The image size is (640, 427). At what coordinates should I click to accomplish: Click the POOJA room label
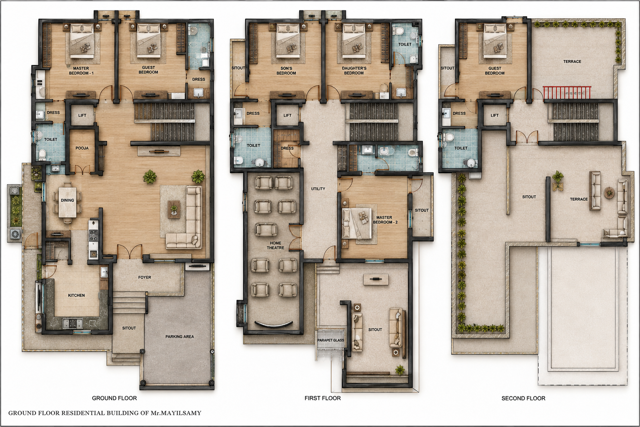82,148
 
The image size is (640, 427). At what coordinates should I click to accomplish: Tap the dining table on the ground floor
67,202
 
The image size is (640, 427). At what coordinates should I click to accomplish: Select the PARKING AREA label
180,337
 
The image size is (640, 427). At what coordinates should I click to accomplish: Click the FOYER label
145,277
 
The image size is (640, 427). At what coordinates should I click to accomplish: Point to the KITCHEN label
76,296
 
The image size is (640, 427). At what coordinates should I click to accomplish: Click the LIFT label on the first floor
287,115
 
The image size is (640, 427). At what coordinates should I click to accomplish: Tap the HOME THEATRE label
275,245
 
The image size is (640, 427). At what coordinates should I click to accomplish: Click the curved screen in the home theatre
274,324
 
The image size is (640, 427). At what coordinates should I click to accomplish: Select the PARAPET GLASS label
330,340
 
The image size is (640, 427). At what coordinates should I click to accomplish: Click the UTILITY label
318,189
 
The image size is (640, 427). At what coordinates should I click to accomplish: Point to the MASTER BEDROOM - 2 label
385,220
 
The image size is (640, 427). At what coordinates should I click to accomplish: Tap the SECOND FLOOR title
523,398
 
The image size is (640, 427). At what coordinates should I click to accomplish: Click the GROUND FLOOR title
114,398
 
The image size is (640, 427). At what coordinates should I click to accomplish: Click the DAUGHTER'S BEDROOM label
354,70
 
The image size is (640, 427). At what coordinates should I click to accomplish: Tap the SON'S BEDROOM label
286,70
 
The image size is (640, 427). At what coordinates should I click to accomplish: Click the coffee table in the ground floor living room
174,209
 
